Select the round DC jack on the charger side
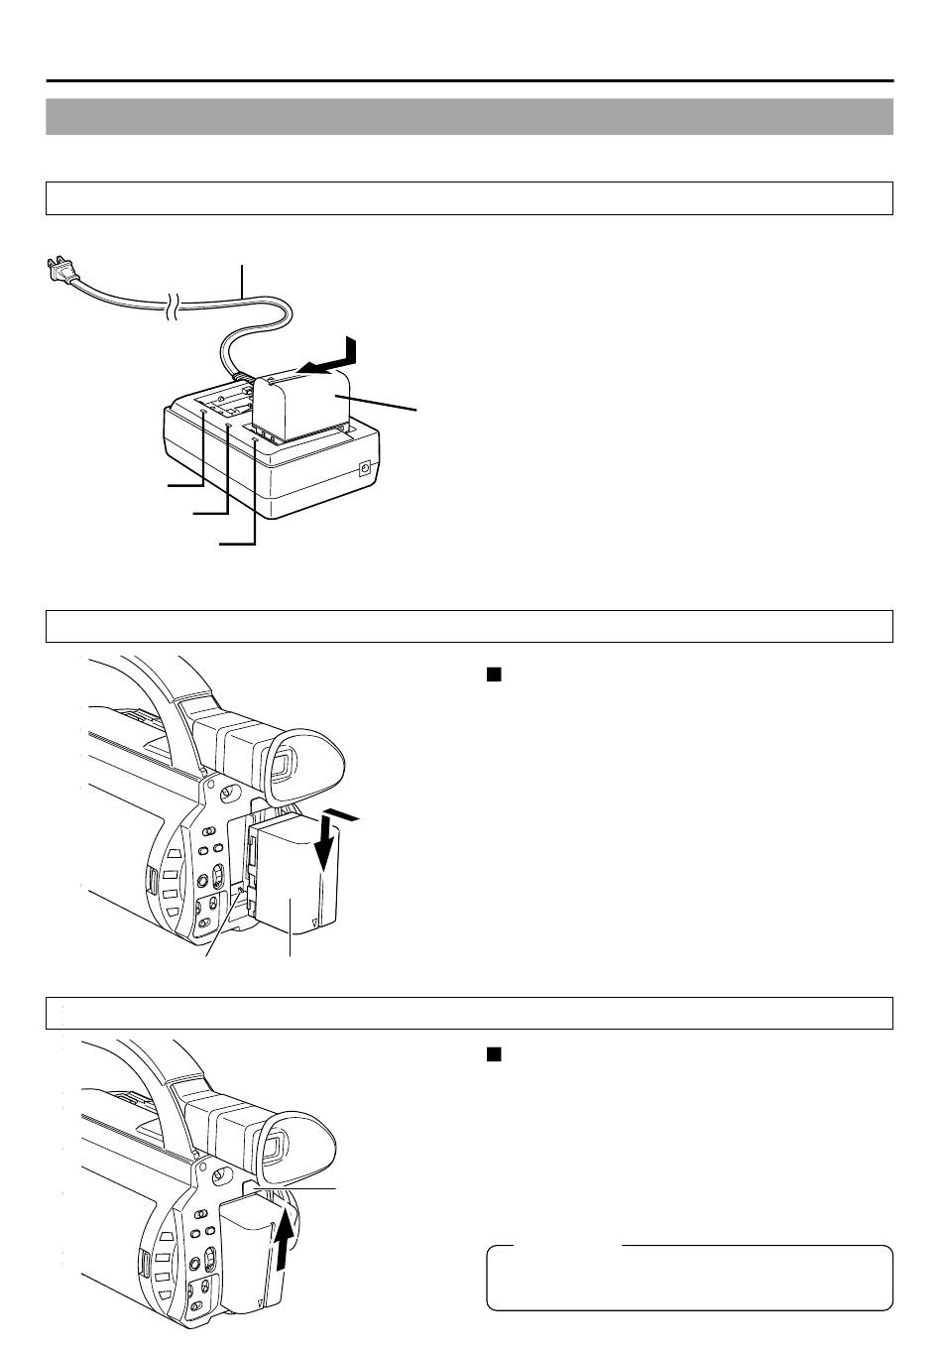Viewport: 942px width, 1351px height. click(x=364, y=468)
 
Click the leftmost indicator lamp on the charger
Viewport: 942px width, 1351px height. click(x=203, y=411)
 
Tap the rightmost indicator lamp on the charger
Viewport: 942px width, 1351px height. click(x=255, y=442)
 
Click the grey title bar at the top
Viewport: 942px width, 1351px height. click(x=469, y=116)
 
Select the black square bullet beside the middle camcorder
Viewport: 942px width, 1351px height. click(x=493, y=675)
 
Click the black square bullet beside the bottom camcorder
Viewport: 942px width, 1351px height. click(x=493, y=1054)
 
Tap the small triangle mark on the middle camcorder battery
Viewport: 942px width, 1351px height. click(x=314, y=921)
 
